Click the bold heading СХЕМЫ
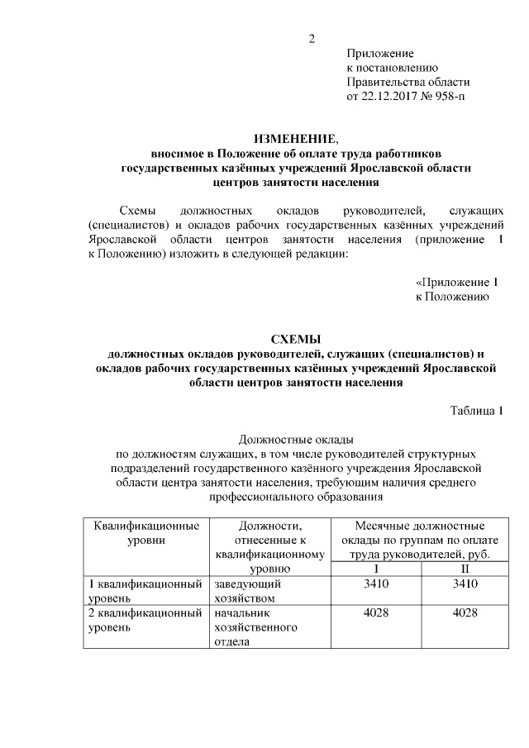296,339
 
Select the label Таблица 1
477,411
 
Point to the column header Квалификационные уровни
146,532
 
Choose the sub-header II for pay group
465,569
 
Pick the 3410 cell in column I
376,584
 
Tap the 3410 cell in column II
465,584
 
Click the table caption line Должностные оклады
295,439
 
